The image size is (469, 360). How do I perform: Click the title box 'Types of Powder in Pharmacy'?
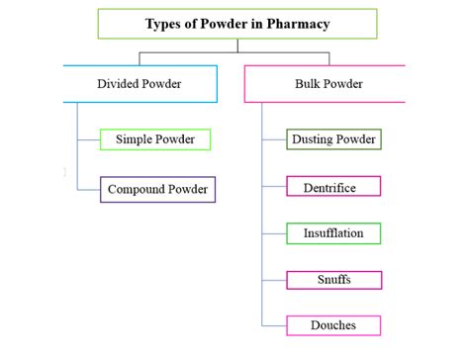click(236, 23)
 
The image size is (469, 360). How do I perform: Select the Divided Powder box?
click(139, 83)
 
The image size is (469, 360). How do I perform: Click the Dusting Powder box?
click(333, 139)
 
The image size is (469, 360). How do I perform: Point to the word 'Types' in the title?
click(165, 23)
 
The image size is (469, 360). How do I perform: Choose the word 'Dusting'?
click(314, 139)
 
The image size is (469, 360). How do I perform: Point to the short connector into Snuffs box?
click(274, 280)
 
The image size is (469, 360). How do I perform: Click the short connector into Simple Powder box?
click(88, 139)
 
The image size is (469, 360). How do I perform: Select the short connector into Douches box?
click(274, 325)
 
